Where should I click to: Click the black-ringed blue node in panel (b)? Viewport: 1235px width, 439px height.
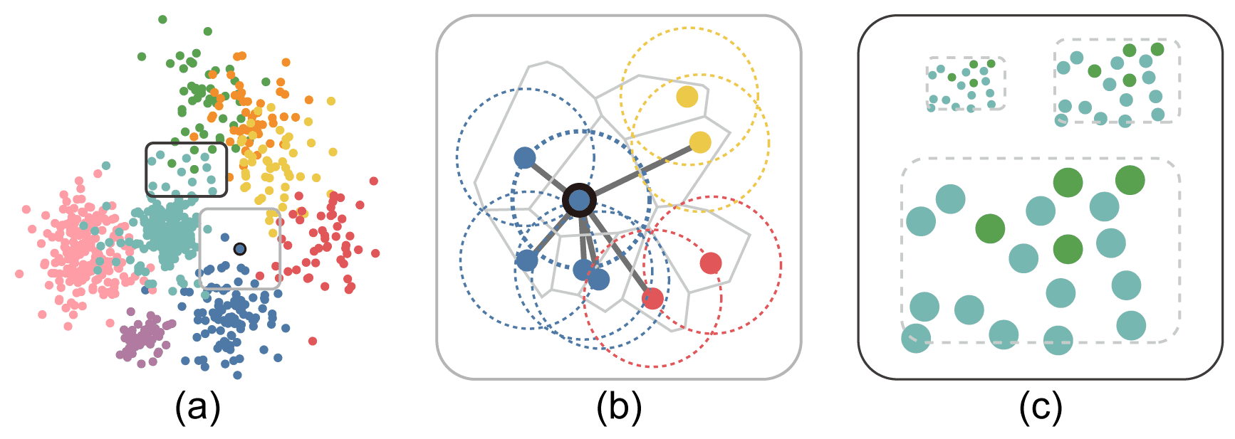580,201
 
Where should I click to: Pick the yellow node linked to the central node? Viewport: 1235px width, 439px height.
700,142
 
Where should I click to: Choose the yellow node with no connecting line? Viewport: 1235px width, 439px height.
687,96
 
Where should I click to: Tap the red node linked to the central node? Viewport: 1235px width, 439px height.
652,298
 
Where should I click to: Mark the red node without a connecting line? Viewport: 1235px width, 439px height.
710,263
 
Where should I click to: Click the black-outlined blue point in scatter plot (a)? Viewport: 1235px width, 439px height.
240,249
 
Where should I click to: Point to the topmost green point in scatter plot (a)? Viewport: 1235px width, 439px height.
162,19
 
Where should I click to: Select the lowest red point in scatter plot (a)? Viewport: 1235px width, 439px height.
313,342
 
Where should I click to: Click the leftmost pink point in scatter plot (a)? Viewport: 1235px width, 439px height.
19,274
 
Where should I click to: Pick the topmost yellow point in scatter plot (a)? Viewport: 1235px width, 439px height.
331,101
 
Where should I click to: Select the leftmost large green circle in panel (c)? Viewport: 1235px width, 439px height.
990,228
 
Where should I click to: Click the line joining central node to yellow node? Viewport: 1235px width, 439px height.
641,171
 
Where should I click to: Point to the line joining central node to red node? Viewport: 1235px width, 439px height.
617,250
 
